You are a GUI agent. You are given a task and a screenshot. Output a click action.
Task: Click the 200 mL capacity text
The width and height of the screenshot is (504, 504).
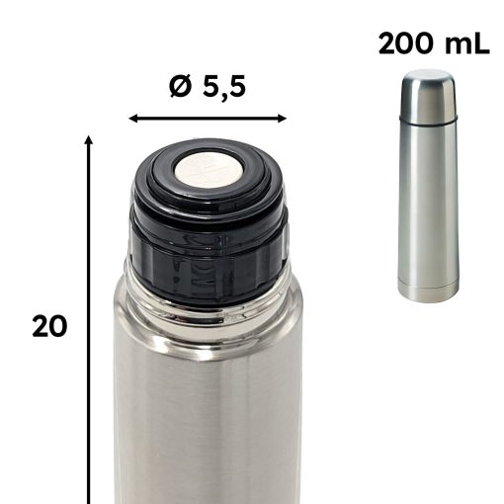[434, 43]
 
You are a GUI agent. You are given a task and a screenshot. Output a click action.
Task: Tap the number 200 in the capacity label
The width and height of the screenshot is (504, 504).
[405, 43]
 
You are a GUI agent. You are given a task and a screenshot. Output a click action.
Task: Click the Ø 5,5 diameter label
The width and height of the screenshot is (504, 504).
[208, 87]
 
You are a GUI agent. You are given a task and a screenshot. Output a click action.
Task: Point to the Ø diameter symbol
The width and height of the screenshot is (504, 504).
[180, 87]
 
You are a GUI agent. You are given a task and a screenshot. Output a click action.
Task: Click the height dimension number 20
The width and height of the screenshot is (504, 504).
[49, 326]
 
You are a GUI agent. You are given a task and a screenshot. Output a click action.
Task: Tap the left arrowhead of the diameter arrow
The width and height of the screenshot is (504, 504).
[132, 119]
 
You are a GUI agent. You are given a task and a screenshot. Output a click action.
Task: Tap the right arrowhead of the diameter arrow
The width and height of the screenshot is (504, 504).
[283, 119]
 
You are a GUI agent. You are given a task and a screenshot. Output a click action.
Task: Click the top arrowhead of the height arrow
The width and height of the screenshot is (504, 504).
[88, 139]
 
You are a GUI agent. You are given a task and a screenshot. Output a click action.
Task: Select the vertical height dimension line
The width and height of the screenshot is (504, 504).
[88, 319]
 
